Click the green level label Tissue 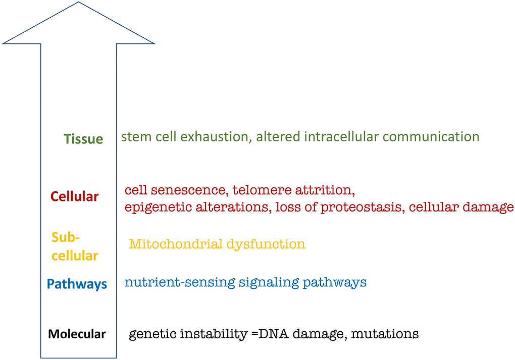coord(83,139)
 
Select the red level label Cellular coord(75,196)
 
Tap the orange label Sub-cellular coord(74,246)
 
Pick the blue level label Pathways coord(77,284)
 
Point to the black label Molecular coord(77,334)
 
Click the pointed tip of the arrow coord(79,3)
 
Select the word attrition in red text coord(322,190)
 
